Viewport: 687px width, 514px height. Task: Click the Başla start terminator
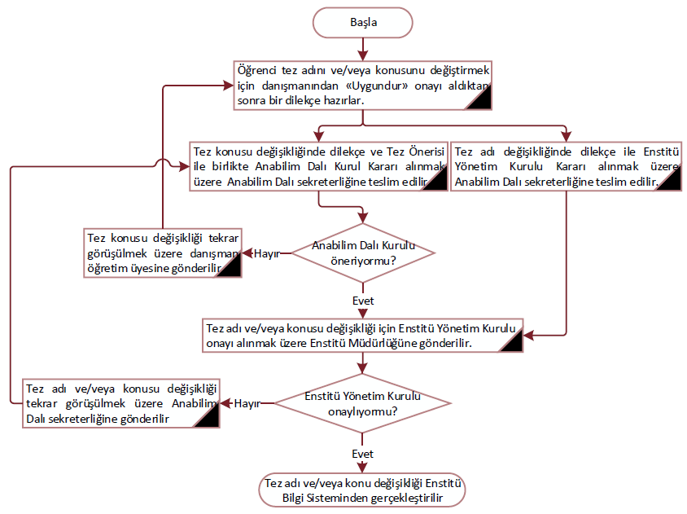click(x=363, y=23)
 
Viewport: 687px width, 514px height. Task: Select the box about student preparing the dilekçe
click(x=362, y=84)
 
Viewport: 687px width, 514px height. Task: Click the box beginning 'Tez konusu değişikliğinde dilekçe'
click(x=318, y=166)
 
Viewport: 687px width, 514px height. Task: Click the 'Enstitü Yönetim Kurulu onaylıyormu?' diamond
click(x=362, y=404)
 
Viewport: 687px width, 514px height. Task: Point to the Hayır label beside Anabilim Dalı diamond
click(x=267, y=253)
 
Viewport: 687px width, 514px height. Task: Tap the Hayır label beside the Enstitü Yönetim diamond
click(x=246, y=404)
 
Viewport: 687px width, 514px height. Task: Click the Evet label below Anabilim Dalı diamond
click(x=363, y=301)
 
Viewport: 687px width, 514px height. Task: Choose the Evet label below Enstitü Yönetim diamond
click(x=363, y=454)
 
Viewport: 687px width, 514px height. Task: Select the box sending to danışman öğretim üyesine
click(x=163, y=253)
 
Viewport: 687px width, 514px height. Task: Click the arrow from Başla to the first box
click(x=362, y=49)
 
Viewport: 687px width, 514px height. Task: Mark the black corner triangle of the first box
click(x=479, y=98)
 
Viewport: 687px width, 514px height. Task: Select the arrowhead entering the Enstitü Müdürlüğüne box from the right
click(x=527, y=336)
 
